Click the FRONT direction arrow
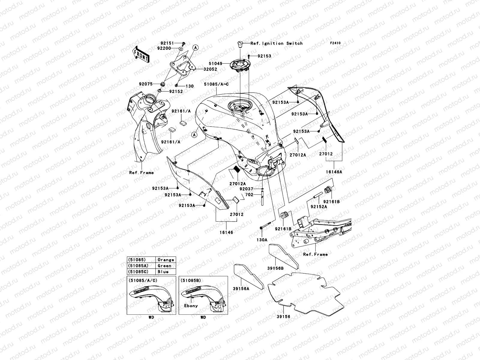(x=141, y=54)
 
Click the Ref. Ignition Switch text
(x=278, y=43)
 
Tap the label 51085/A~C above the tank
(x=216, y=84)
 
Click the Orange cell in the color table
(x=166, y=260)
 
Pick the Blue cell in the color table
(x=166, y=272)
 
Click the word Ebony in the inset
(x=191, y=306)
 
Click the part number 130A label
(x=262, y=240)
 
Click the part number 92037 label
(x=247, y=189)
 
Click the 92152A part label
(x=319, y=207)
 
